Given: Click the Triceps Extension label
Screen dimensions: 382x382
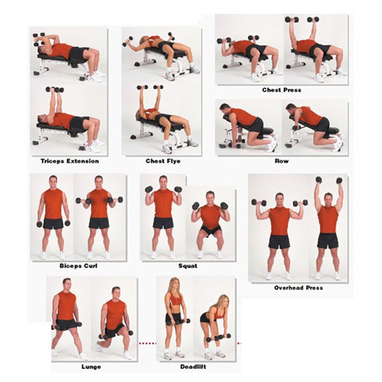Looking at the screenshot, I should click(x=70, y=161).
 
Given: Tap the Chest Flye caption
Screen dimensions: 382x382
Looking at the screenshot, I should click(x=163, y=161).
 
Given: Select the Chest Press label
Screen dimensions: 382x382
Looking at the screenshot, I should click(x=281, y=90).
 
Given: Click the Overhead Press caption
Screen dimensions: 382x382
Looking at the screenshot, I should click(x=298, y=287).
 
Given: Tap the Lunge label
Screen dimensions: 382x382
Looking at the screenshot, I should click(x=91, y=367).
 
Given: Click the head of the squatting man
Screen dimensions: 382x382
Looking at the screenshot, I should click(x=210, y=197).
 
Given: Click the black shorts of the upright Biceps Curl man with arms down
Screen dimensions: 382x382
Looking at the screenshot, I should click(x=53, y=223).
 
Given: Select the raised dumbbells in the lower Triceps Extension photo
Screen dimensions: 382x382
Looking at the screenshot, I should click(x=54, y=89).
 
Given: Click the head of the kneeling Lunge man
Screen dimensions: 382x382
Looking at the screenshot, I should click(x=116, y=291).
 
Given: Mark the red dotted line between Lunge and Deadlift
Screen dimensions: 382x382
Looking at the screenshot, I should click(x=147, y=343).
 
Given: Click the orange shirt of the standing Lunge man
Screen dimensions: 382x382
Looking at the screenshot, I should click(x=66, y=305).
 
